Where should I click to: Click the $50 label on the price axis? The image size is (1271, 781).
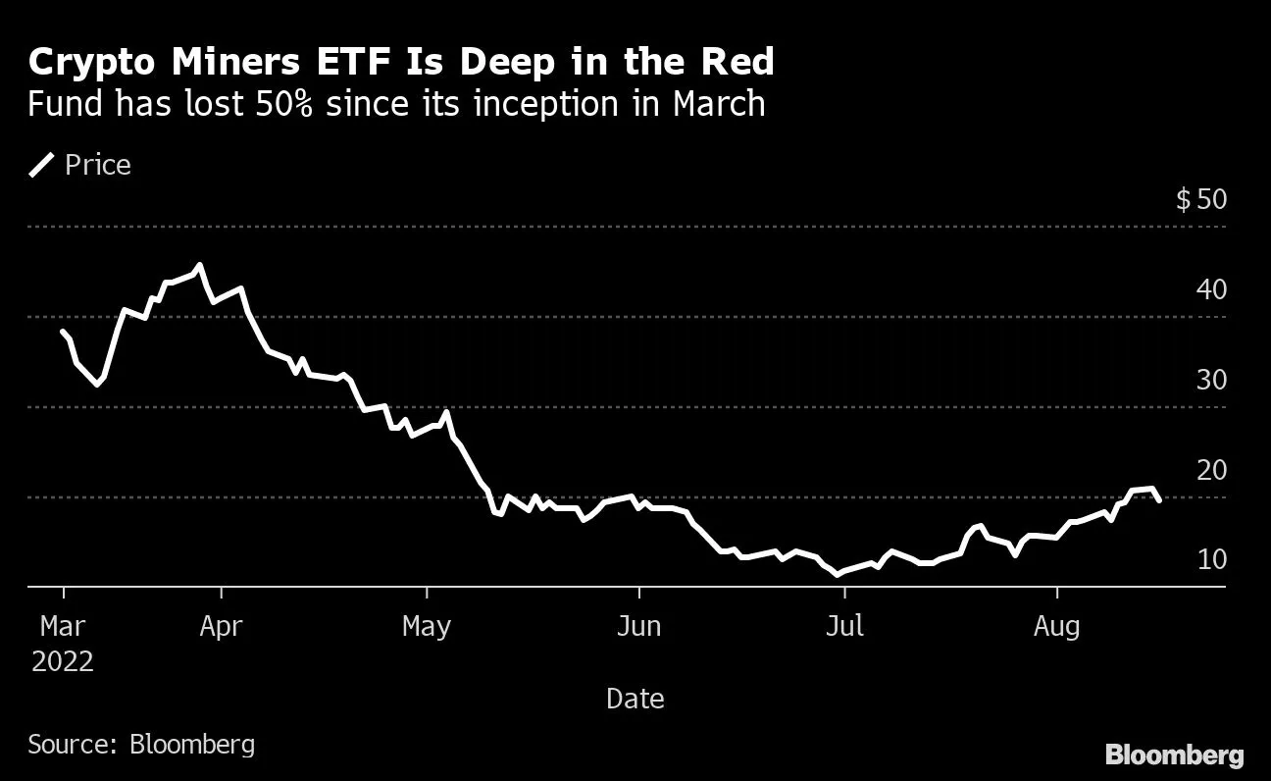pyautogui.click(x=1200, y=200)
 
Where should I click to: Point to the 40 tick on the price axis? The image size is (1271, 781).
pyautogui.click(x=1212, y=290)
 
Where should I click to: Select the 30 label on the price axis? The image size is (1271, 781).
pyautogui.click(x=1212, y=381)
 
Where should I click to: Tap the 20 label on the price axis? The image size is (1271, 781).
pyautogui.click(x=1212, y=471)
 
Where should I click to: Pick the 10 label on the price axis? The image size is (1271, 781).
pyautogui.click(x=1212, y=560)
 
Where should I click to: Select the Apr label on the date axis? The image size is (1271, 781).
pyautogui.click(x=221, y=625)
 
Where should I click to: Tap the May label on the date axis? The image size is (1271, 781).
pyautogui.click(x=427, y=625)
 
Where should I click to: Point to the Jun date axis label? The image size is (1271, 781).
pyautogui.click(x=638, y=625)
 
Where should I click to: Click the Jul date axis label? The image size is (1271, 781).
pyautogui.click(x=844, y=625)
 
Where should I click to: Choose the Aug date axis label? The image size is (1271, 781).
pyautogui.click(x=1057, y=625)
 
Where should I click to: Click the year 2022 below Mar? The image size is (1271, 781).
pyautogui.click(x=63, y=661)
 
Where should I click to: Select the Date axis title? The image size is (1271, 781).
pyautogui.click(x=635, y=699)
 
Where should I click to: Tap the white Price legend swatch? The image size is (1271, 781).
pyautogui.click(x=42, y=165)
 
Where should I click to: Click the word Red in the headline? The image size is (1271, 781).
pyautogui.click(x=732, y=63)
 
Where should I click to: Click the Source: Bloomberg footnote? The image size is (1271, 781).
pyautogui.click(x=141, y=744)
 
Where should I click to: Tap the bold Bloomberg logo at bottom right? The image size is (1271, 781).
pyautogui.click(x=1175, y=755)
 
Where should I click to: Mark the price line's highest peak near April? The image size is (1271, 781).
pyautogui.click(x=200, y=265)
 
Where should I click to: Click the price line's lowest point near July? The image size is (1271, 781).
pyautogui.click(x=838, y=574)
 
